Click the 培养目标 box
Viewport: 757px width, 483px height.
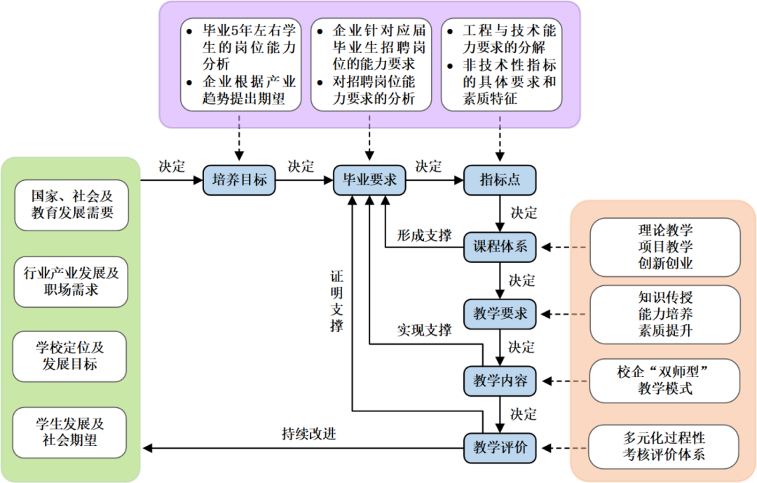point(240,180)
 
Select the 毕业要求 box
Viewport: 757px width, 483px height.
point(369,180)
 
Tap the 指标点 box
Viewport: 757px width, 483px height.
point(499,180)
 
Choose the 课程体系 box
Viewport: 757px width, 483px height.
point(499,247)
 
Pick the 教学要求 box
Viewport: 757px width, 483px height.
point(499,313)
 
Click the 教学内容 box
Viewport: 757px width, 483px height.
point(499,381)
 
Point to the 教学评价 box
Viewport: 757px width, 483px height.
point(499,447)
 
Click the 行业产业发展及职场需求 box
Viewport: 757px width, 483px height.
point(71,281)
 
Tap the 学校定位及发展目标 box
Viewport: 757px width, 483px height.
point(71,356)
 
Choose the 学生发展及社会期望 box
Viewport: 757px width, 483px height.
point(71,432)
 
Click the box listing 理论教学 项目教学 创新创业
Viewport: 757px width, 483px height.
point(665,247)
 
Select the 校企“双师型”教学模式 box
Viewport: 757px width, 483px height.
point(665,381)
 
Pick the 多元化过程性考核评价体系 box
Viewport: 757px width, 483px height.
point(665,447)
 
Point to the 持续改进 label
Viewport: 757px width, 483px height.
point(308,433)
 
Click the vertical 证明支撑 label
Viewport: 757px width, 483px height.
point(338,301)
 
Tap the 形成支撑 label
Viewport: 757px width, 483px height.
point(425,235)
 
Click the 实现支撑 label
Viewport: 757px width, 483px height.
point(425,329)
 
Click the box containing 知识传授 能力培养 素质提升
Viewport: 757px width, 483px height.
point(665,313)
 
